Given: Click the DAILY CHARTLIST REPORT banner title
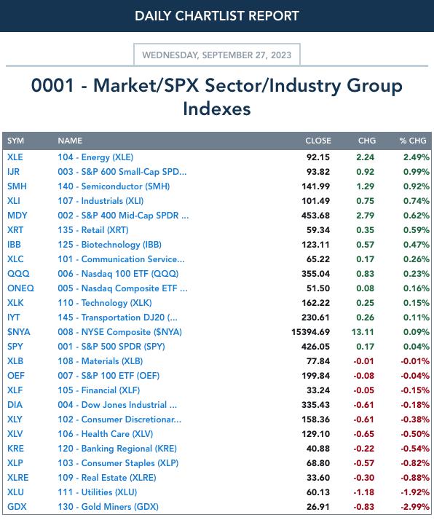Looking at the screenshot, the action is click(217, 16).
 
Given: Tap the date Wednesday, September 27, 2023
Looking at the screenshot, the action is click(217, 55).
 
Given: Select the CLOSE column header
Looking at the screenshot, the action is click(318, 141).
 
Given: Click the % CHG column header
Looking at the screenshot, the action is click(413, 141).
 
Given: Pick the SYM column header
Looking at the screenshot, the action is click(15, 141).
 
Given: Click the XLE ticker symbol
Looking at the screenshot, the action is click(15, 157).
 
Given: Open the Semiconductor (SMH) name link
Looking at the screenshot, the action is click(114, 186).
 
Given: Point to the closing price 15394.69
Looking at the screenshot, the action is click(310, 332).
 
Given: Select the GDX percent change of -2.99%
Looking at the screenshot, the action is click(415, 507).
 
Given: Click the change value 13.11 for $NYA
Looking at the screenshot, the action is click(363, 332).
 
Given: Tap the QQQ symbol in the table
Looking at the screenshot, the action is click(18, 274).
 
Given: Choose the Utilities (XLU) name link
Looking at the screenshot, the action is click(98, 492).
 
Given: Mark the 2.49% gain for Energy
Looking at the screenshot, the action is click(416, 157).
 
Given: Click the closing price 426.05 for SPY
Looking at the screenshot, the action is click(315, 347).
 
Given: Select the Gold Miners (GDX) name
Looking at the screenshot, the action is click(108, 507).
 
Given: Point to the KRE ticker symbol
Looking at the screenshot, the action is click(15, 449).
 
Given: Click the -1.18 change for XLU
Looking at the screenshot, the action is click(363, 492).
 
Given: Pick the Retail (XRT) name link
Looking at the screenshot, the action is click(93, 230).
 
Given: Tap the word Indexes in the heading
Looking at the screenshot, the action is click(217, 109).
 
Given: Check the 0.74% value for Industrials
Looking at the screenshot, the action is click(416, 201).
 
